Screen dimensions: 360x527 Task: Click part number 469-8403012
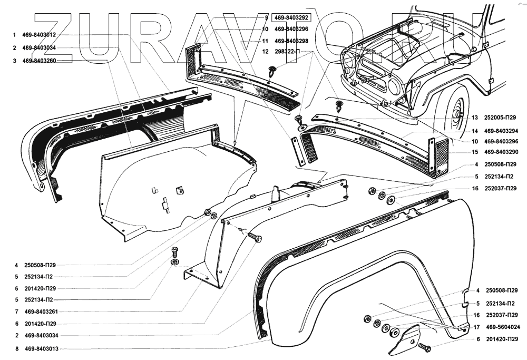pyautogui.click(x=39, y=35)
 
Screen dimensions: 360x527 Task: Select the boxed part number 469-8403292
pyautogui.click(x=291, y=18)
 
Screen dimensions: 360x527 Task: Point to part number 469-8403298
pyautogui.click(x=291, y=41)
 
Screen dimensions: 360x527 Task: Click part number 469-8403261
pyautogui.click(x=39, y=312)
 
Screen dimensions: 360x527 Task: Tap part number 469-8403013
pyautogui.click(x=39, y=348)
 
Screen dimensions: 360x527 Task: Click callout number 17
pyautogui.click(x=476, y=327)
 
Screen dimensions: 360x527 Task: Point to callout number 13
pyautogui.click(x=475, y=118)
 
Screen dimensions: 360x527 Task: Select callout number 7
pyautogui.click(x=17, y=312)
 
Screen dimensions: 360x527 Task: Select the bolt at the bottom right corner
pyautogui.click(x=424, y=348)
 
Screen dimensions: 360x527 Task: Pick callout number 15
pyautogui.click(x=475, y=152)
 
